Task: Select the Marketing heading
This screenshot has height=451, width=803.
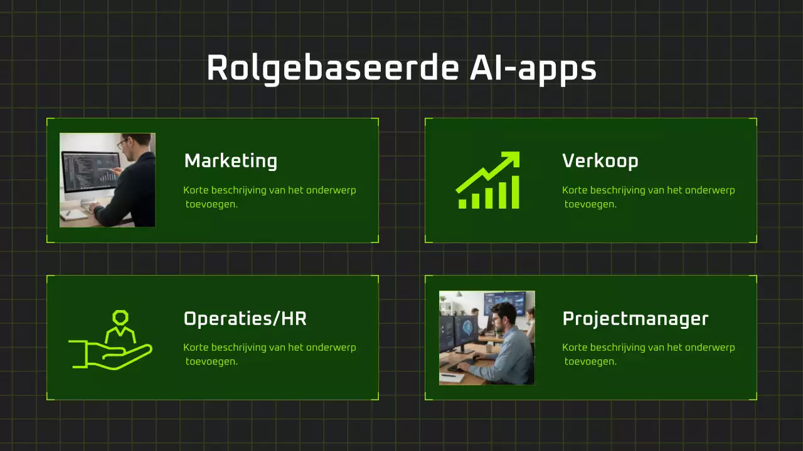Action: click(x=230, y=162)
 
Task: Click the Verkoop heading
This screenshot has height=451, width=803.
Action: click(x=600, y=162)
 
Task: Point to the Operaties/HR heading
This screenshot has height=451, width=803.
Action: click(x=245, y=319)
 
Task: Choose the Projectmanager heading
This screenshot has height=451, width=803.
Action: click(x=635, y=319)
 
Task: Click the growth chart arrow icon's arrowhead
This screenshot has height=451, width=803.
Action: click(x=512, y=159)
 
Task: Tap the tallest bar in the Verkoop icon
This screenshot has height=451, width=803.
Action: click(x=514, y=192)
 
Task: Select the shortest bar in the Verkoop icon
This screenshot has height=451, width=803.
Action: click(x=463, y=204)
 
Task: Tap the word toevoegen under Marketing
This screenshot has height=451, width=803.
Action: click(x=211, y=204)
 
